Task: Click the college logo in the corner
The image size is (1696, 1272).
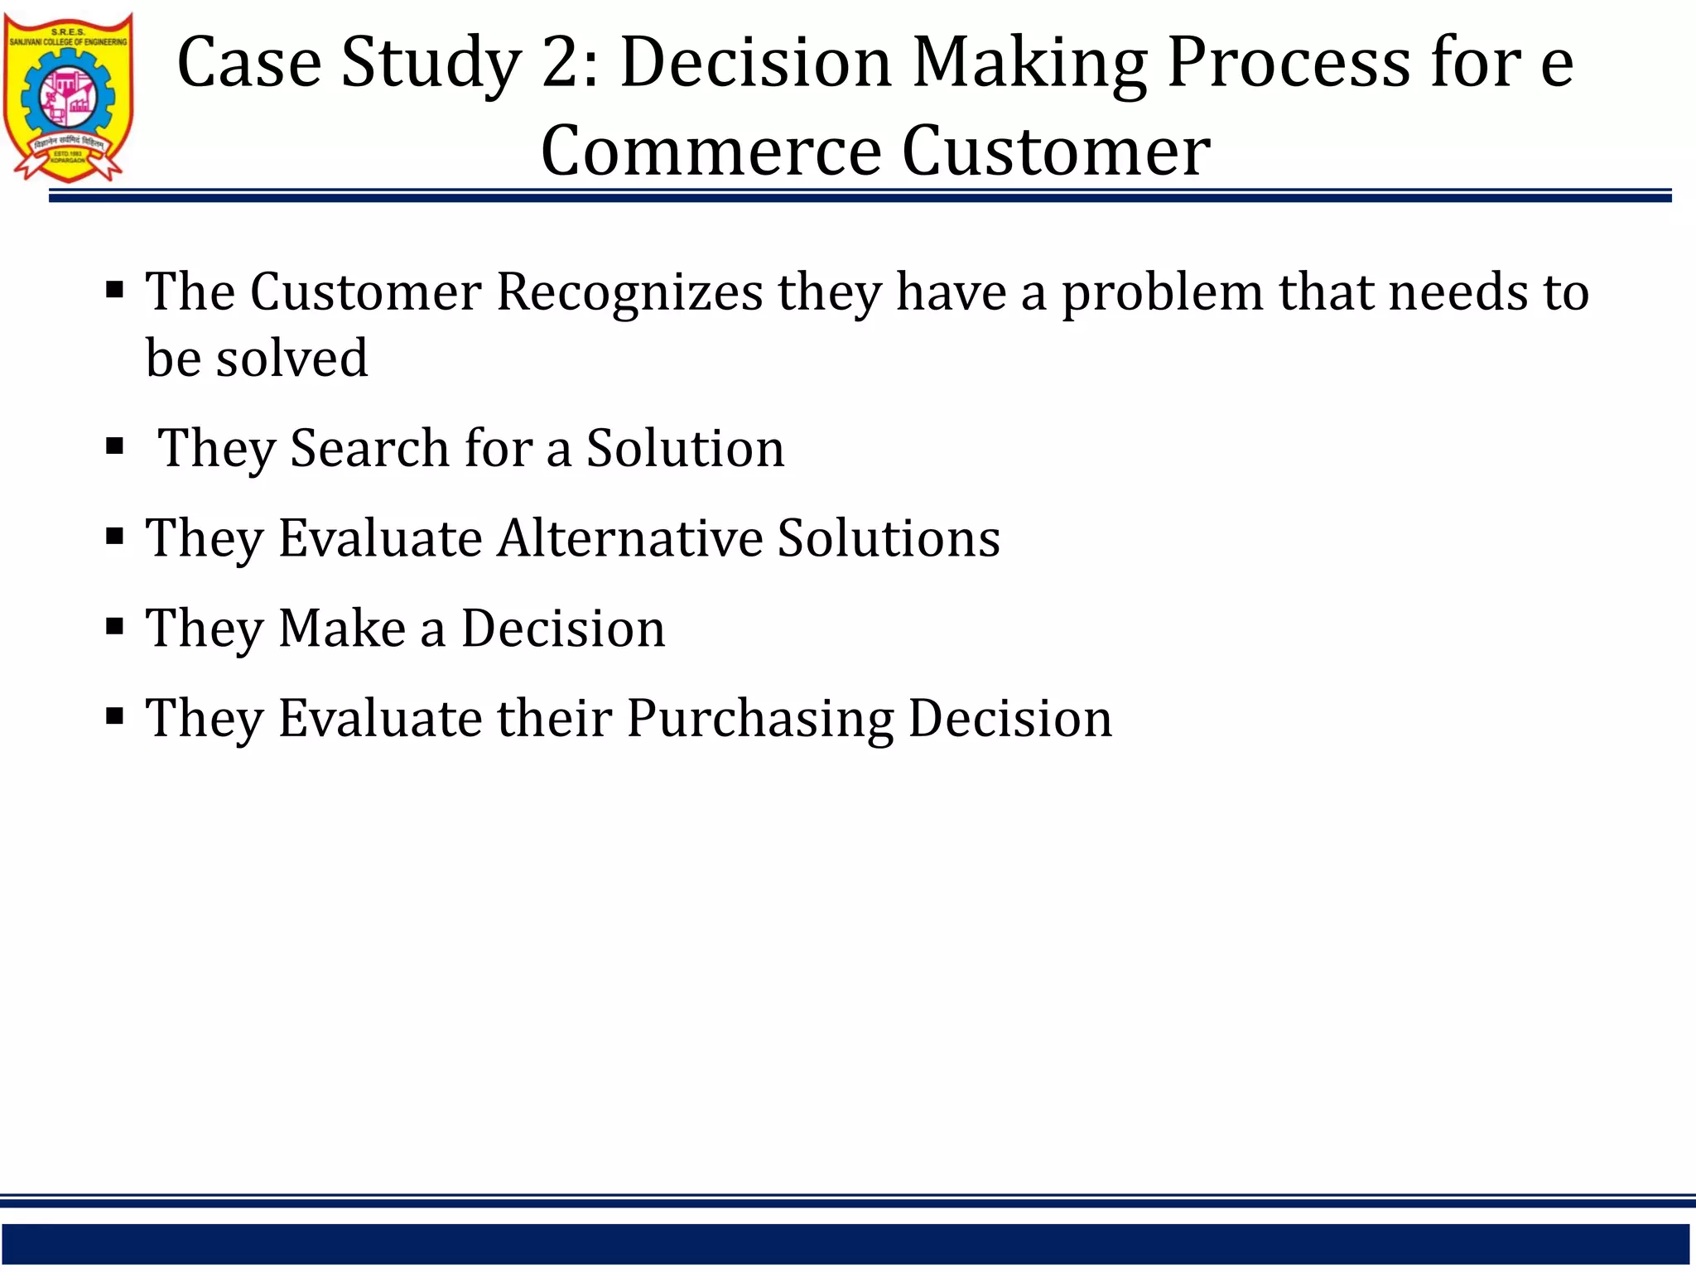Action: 68,96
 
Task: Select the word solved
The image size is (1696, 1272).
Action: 291,358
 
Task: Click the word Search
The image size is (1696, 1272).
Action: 370,448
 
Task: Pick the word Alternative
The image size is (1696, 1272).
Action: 629,537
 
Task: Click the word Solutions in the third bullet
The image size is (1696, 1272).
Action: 889,537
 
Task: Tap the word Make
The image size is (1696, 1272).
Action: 342,628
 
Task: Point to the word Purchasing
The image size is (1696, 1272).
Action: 759,717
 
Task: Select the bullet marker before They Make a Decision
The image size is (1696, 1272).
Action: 115,625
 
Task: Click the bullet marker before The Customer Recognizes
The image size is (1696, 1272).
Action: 115,290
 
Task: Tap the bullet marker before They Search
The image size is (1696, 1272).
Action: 115,446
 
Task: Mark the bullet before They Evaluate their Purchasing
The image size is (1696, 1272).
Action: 115,715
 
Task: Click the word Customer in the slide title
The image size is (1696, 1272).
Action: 1056,151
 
